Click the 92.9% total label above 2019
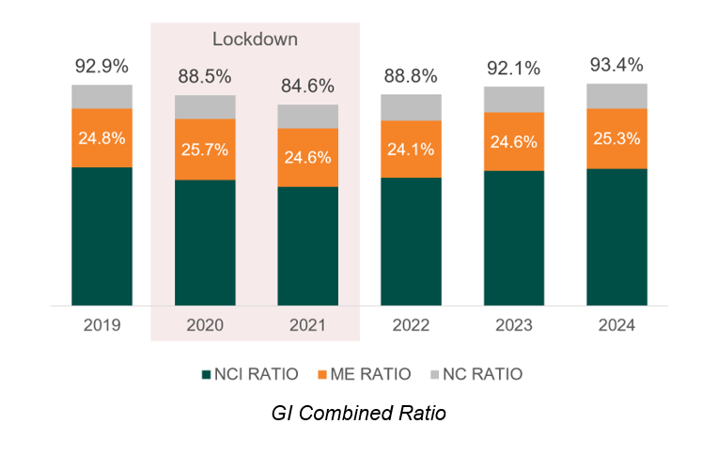coord(101,67)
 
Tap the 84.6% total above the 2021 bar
coord(307,86)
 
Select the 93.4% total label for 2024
coord(616,65)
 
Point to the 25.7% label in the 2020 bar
coord(205,149)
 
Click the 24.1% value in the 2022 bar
coord(411,149)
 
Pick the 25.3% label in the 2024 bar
coord(616,138)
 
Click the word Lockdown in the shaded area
coord(255,39)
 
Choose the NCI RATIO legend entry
coord(249,374)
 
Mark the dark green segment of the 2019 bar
coord(101,236)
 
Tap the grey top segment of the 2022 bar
coord(411,107)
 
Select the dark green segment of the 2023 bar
coord(514,238)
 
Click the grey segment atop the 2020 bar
coord(205,107)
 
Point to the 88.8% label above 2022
coord(411,76)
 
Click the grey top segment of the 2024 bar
coord(616,96)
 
